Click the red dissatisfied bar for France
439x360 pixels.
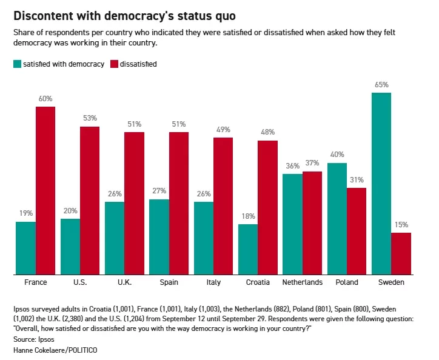pos(45,190)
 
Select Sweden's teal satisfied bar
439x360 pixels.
pos(381,184)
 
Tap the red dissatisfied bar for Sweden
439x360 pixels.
pos(401,253)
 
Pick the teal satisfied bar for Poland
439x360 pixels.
pos(337,219)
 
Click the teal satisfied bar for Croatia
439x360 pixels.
pos(248,249)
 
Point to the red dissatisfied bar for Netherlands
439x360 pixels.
pos(312,223)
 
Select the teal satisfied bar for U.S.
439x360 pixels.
pos(70,247)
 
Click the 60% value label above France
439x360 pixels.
pos(45,98)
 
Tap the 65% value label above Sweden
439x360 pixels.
pos(381,85)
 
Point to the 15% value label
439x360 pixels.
pos(401,225)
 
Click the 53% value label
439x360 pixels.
pos(90,118)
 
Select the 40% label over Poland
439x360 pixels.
pos(337,155)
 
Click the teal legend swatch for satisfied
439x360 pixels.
pos(17,64)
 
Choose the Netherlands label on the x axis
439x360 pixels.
pos(303,282)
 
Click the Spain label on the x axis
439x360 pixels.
pos(169,282)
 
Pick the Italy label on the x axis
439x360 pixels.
pos(213,282)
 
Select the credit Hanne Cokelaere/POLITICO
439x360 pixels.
pos(55,350)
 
